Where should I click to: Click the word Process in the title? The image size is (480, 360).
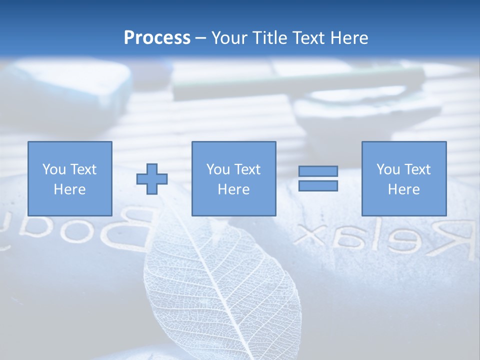(157, 38)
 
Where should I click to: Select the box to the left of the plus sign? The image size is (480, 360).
(70, 178)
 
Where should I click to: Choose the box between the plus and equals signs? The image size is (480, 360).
(234, 178)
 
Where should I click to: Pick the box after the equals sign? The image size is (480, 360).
(404, 178)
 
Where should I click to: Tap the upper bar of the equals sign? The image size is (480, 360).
(318, 171)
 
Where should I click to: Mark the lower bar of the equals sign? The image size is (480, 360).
(318, 186)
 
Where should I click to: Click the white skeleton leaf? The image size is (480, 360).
(220, 280)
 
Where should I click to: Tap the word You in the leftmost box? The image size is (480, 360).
(54, 169)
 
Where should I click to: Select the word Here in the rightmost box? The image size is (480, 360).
(404, 189)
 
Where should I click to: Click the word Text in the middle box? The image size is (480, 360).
(247, 169)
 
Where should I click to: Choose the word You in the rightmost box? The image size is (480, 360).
(388, 169)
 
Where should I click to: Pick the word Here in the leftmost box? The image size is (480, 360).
(70, 189)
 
